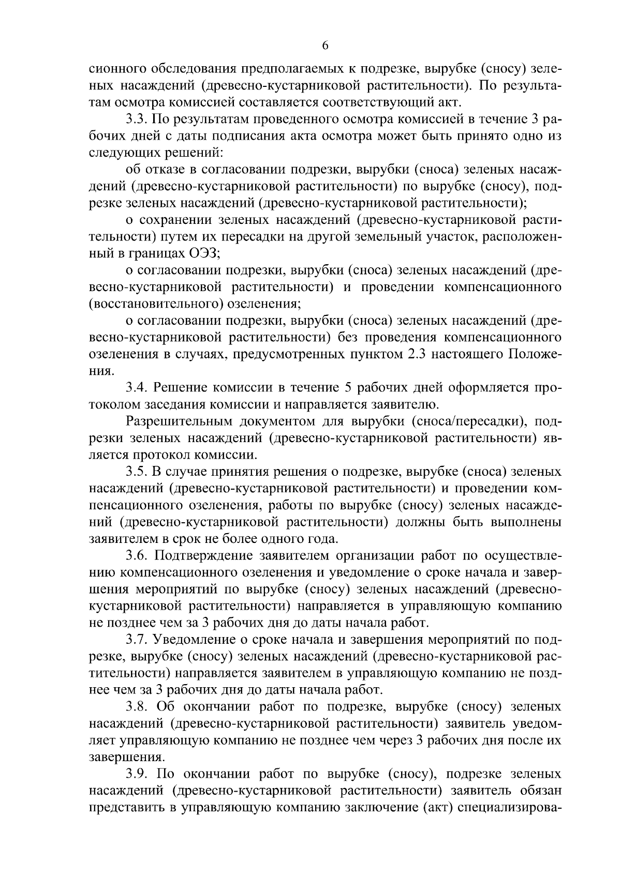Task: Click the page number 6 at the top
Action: (325, 46)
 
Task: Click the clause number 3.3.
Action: (137, 119)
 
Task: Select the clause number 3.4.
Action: (137, 388)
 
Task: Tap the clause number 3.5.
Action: (137, 472)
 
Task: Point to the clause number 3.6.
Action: (137, 556)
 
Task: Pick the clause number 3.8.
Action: (137, 707)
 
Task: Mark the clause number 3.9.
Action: (137, 774)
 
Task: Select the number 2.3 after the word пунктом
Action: (445, 355)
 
